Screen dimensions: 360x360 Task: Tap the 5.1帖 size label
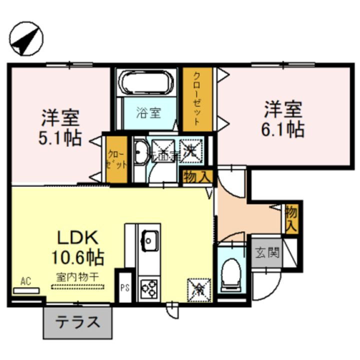(x=59, y=138)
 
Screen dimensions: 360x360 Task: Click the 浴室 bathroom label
(x=148, y=112)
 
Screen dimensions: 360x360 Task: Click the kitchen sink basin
(x=149, y=240)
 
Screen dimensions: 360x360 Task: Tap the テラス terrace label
(x=78, y=321)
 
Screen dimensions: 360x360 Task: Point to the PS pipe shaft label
(x=124, y=287)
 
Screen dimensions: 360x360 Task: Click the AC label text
(x=25, y=281)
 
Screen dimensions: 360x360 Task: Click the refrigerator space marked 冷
(x=199, y=288)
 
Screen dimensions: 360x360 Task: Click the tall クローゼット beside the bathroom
(x=197, y=98)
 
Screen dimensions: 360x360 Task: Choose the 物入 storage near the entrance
(x=291, y=218)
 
